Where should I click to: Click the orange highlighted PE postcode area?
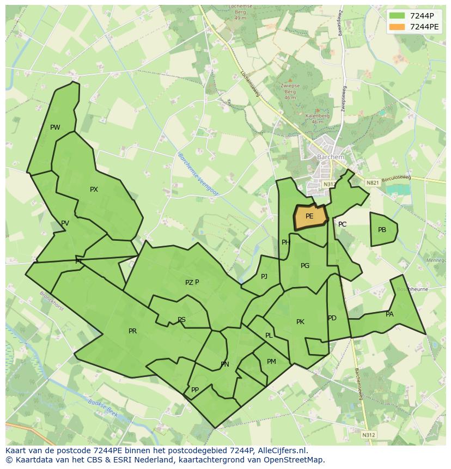tap(310, 217)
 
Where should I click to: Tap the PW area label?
tap(55, 127)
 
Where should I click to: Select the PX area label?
tap(94, 190)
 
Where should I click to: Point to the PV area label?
tap(65, 223)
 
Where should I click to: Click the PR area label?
tap(132, 331)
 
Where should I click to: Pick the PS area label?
tap(181, 320)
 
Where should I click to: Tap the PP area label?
tap(194, 389)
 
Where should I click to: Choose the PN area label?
tap(224, 364)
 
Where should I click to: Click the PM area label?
tap(271, 361)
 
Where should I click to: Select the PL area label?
tap(269, 336)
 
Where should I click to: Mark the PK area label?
tap(300, 322)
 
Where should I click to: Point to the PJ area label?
tap(264, 276)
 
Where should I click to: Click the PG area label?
tap(305, 266)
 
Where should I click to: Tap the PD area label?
tap(332, 318)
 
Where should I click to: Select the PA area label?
tap(389, 314)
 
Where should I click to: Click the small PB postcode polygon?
tap(383, 229)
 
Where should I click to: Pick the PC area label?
tap(342, 224)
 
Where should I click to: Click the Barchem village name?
tap(331, 157)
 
